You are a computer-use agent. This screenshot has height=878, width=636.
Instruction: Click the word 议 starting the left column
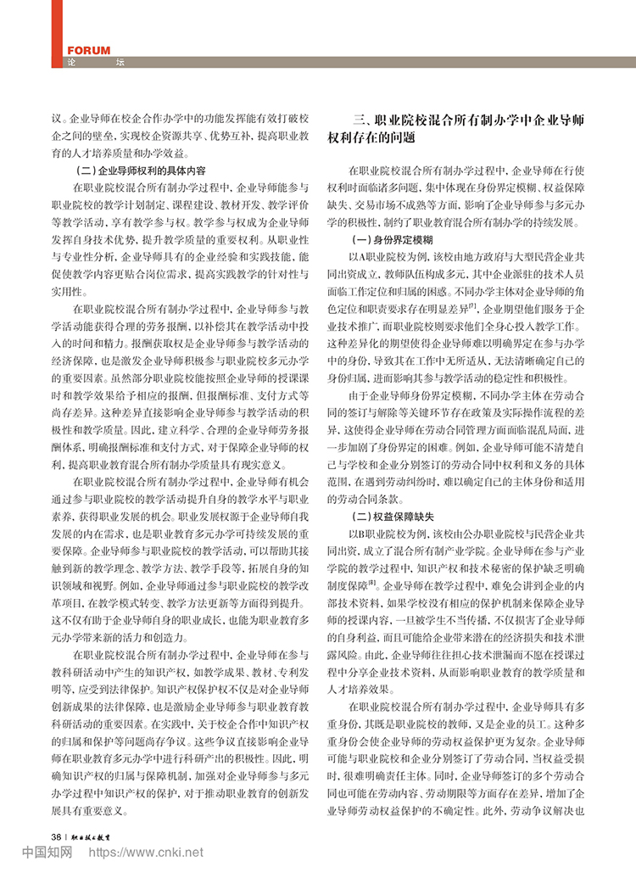point(57,120)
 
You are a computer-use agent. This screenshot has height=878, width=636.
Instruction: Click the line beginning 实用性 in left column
point(67,290)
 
